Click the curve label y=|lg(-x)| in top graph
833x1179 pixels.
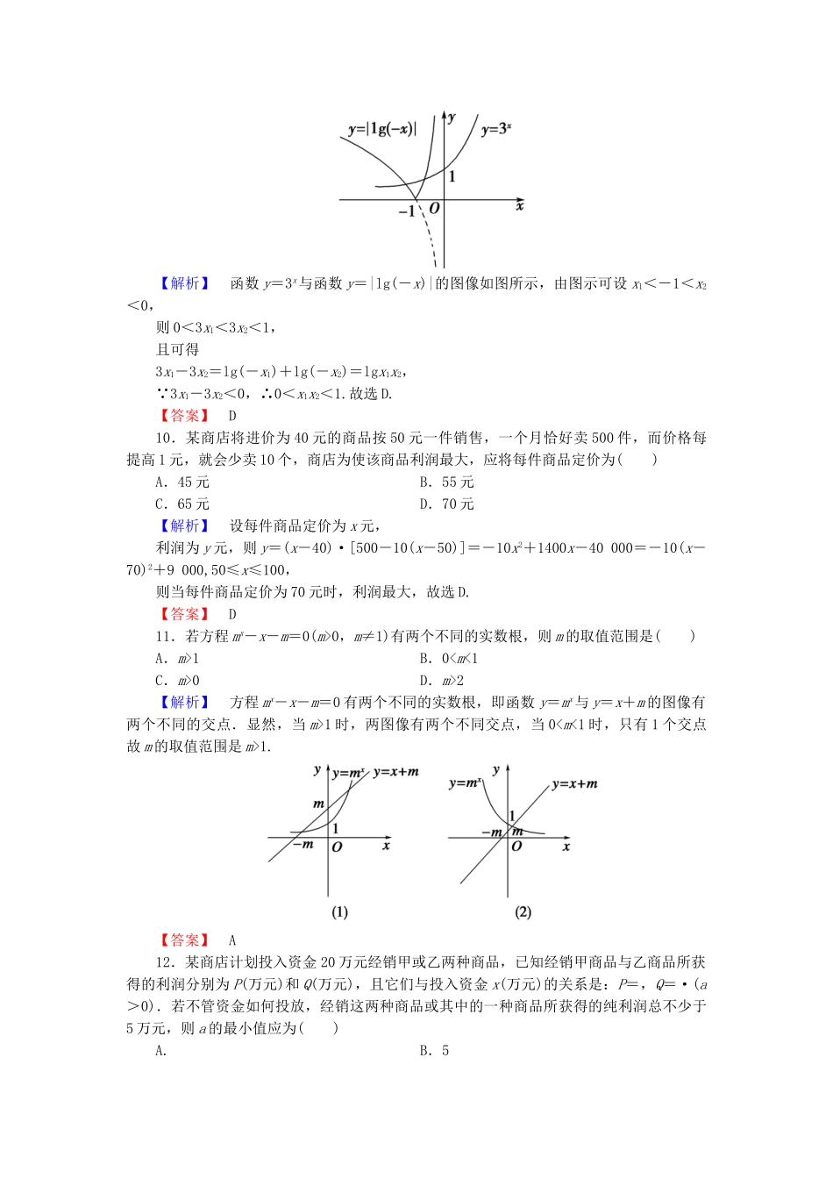click(382, 129)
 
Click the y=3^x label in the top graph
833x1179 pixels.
click(496, 129)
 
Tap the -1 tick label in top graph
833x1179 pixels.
click(406, 211)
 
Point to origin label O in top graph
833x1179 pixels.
click(433, 209)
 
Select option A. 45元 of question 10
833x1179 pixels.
click(182, 482)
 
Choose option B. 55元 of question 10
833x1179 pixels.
click(446, 482)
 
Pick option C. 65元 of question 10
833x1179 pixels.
click(182, 504)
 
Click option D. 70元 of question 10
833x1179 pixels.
click(446, 504)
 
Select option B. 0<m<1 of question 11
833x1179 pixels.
click(448, 658)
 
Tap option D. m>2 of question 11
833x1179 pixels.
click(441, 680)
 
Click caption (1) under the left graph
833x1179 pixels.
click(340, 912)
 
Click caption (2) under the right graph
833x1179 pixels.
click(523, 912)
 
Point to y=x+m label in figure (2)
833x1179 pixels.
click(575, 784)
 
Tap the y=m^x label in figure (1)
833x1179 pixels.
click(349, 773)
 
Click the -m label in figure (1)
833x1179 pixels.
click(303, 845)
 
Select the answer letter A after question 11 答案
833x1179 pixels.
click(232, 940)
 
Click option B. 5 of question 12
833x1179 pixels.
click(434, 1051)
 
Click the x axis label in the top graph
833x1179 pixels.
click(520, 206)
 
